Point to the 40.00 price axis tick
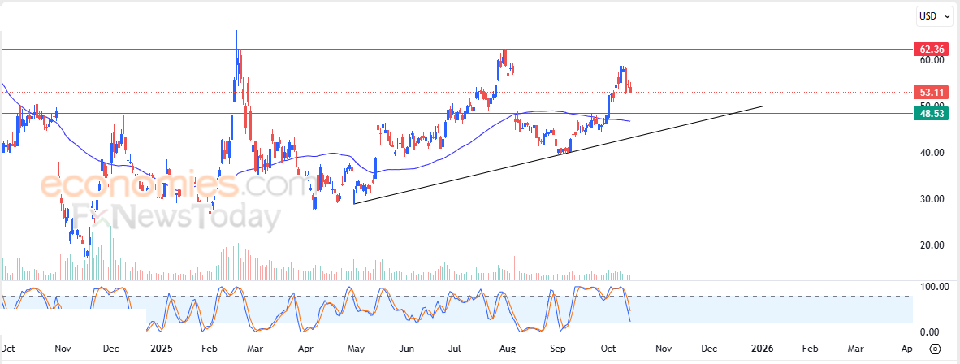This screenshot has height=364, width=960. pyautogui.click(x=932, y=153)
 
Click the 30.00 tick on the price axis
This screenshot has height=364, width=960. pyautogui.click(x=932, y=199)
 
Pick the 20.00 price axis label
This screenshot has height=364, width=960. pyautogui.click(x=932, y=245)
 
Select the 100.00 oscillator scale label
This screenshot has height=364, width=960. pyautogui.click(x=932, y=287)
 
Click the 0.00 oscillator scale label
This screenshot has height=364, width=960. pyautogui.click(x=930, y=331)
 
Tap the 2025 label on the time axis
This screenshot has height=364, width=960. pyautogui.click(x=161, y=348)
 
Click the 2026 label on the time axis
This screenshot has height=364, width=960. pyautogui.click(x=761, y=348)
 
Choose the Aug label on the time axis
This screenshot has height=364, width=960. pyautogui.click(x=507, y=348)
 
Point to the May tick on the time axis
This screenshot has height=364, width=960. pyautogui.click(x=355, y=348)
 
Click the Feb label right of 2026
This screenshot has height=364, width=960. pyautogui.click(x=810, y=348)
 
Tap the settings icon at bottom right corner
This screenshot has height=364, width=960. pyautogui.click(x=935, y=349)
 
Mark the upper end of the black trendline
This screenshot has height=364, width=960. pyautogui.click(x=763, y=106)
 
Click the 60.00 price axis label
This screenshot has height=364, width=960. pyautogui.click(x=932, y=60)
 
